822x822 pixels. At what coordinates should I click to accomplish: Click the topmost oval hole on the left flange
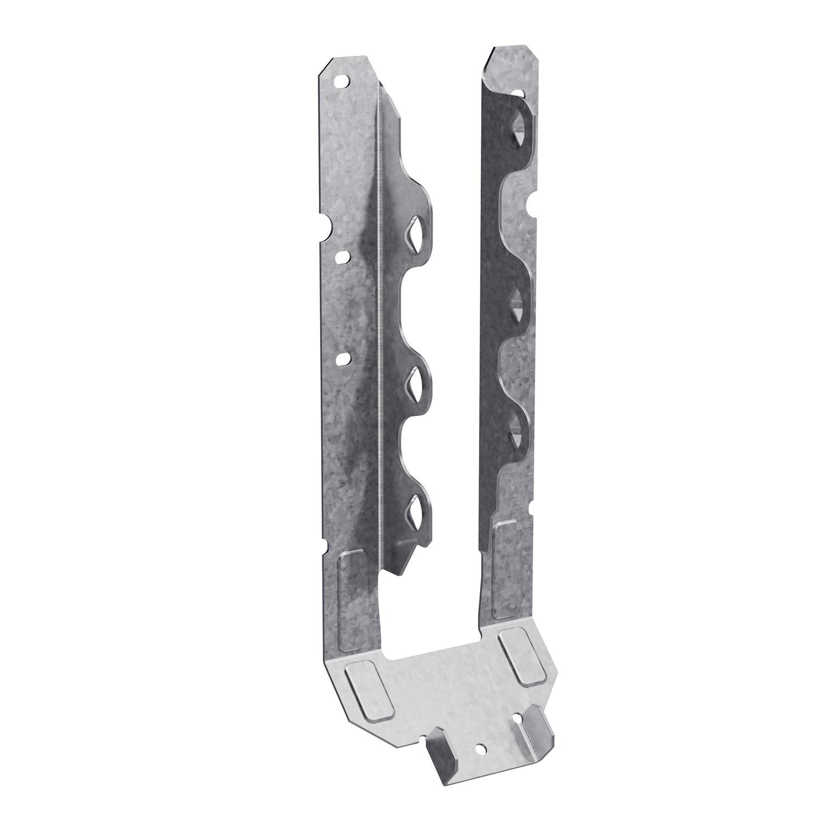(x=342, y=81)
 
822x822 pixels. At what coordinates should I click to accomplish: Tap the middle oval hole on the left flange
(x=343, y=256)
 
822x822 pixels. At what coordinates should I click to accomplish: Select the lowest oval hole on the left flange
(x=344, y=358)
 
